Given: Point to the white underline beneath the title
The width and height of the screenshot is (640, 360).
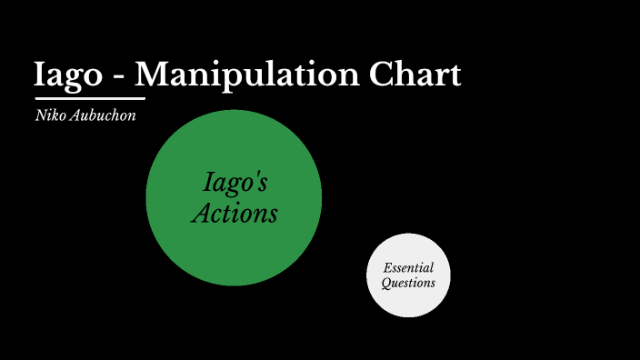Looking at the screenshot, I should (x=90, y=97).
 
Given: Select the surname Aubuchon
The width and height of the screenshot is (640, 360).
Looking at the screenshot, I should (x=104, y=115).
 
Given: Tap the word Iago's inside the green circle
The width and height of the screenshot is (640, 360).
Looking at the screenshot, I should (x=235, y=184).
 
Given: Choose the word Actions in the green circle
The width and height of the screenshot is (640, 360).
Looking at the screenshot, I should (x=235, y=214).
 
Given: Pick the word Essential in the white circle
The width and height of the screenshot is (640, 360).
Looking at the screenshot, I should (x=408, y=268).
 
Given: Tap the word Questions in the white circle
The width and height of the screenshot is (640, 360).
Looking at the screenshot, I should (x=408, y=283).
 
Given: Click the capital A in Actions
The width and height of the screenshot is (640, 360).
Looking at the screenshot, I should (x=201, y=214).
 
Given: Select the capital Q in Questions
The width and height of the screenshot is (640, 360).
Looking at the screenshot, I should (x=385, y=283).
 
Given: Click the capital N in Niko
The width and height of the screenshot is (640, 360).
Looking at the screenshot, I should (x=39, y=115).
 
